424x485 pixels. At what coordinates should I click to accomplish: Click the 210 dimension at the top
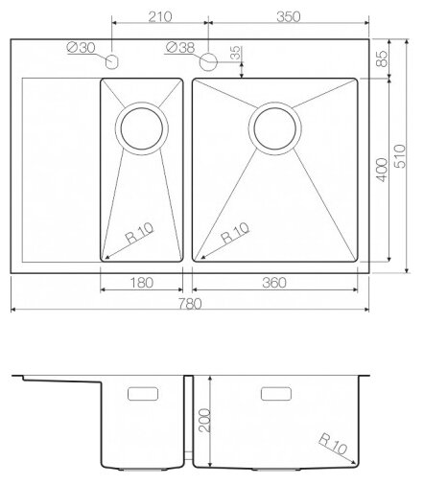click(160, 16)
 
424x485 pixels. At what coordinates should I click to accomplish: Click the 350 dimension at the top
click(289, 16)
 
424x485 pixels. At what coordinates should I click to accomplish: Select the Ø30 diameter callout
click(81, 48)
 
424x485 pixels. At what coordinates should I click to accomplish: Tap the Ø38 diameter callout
click(180, 48)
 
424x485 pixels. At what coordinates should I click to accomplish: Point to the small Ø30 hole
click(111, 61)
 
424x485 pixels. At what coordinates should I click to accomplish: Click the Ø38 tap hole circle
click(208, 61)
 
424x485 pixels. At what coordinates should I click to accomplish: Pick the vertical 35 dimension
click(236, 53)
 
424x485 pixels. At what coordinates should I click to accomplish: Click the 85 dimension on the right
click(382, 58)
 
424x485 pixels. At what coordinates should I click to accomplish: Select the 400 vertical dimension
click(382, 170)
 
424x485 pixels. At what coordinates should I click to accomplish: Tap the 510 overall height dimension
click(399, 156)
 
